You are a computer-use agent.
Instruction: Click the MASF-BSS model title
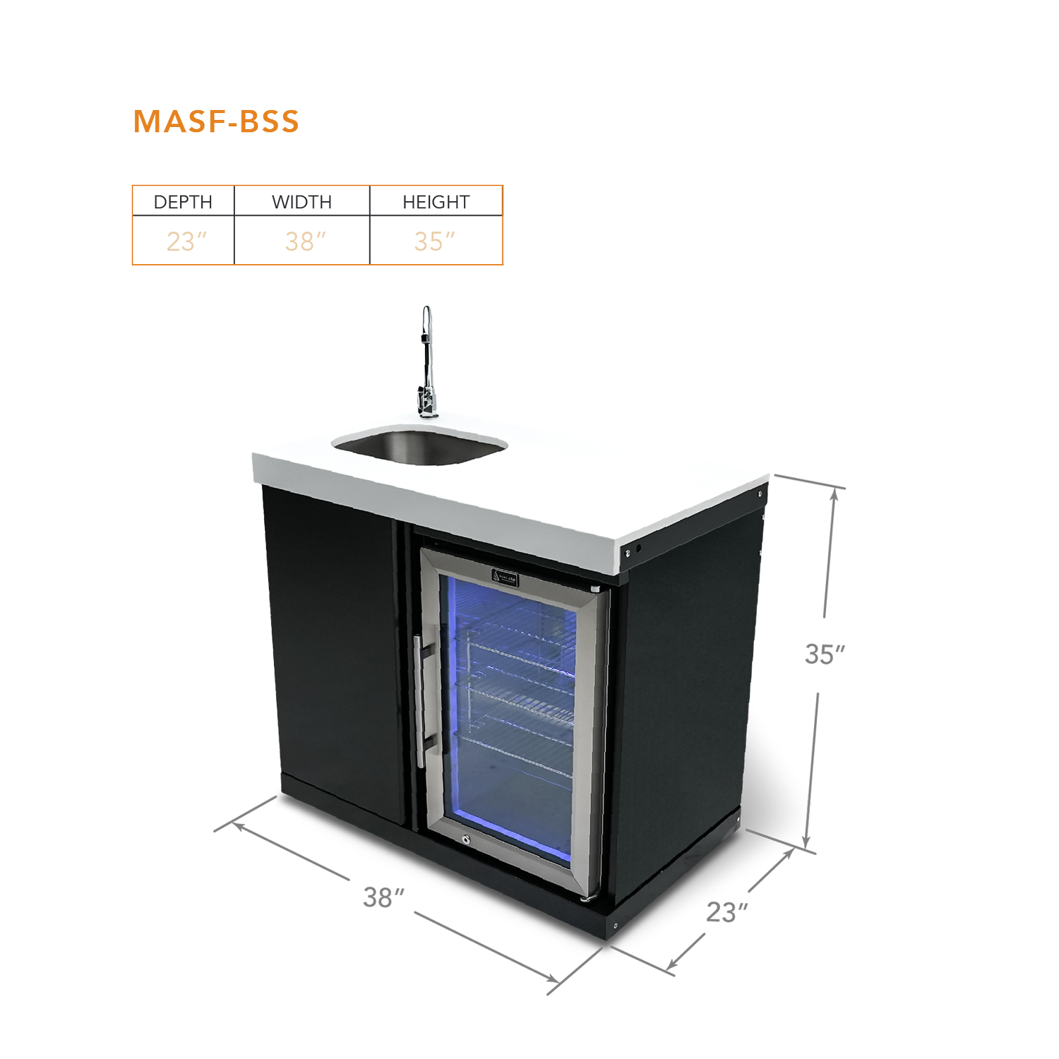coord(216,121)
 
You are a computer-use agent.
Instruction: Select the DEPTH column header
coord(183,202)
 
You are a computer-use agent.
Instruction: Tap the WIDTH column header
coord(301,202)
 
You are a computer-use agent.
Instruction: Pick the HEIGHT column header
coord(436,202)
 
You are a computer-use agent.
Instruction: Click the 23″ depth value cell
coord(185,241)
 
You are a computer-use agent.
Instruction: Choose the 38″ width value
coord(304,241)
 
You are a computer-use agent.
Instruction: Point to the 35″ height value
coord(433,241)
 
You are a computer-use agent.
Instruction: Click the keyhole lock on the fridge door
coord(465,839)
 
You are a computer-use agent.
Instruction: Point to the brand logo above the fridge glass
coord(505,576)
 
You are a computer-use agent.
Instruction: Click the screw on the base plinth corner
coord(615,926)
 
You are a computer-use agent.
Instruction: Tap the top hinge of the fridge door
coord(595,587)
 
